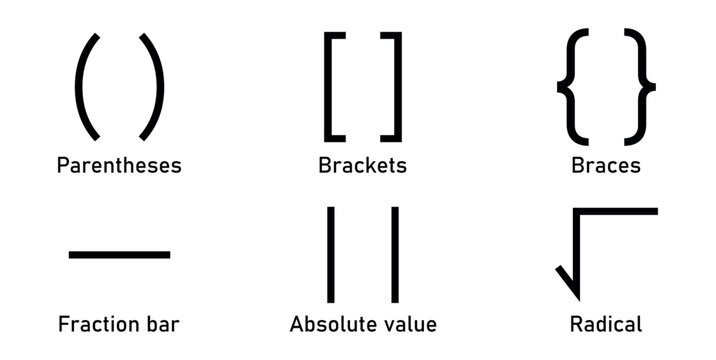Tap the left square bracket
(330, 87)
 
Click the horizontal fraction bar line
(119, 254)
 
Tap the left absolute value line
(330, 253)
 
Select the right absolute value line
(394, 253)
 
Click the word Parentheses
(119, 165)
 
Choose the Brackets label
(362, 165)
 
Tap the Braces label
(606, 165)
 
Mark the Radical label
(605, 324)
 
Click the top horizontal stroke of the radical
(620, 211)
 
